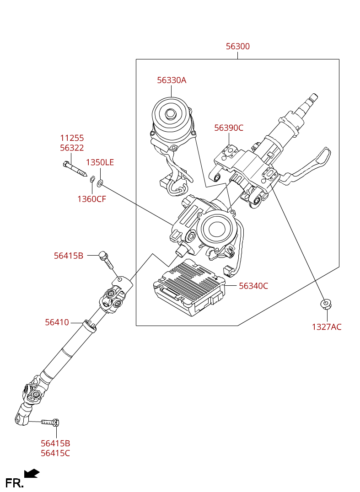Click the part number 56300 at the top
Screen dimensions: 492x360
(237, 47)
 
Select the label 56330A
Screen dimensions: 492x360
(172, 80)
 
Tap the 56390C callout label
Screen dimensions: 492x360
(229, 128)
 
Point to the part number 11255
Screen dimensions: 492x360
(72, 138)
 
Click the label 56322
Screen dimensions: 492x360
(72, 148)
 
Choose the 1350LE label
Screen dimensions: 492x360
(100, 163)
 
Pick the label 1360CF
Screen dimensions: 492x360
(91, 199)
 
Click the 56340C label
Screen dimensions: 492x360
(253, 286)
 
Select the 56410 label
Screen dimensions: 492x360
(57, 322)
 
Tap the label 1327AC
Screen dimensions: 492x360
(327, 327)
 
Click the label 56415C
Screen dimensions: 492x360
(55, 453)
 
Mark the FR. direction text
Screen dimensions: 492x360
(14, 483)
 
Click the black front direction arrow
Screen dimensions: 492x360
(32, 473)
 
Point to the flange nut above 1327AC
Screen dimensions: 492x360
(326, 304)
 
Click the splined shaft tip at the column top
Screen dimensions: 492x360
(312, 98)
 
